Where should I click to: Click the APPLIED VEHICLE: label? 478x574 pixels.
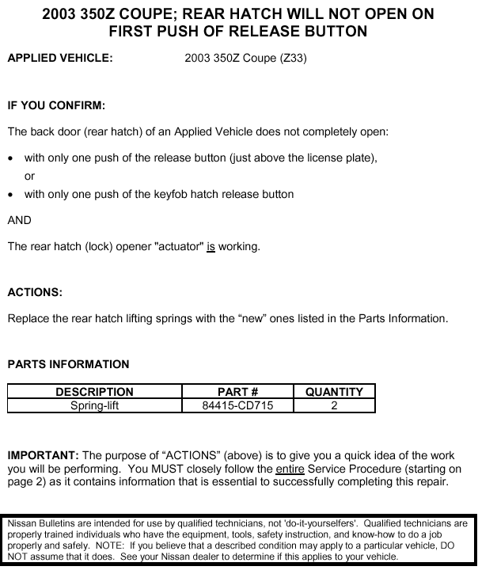(x=60, y=58)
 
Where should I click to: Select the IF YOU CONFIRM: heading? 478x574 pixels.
(x=56, y=105)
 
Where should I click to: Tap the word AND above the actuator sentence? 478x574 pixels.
(x=20, y=220)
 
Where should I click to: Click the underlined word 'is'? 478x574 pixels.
(x=211, y=246)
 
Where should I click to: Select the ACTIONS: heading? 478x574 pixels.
(x=35, y=292)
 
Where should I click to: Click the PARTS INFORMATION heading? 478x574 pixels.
(x=68, y=364)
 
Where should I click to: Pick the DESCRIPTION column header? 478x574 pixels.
(x=94, y=392)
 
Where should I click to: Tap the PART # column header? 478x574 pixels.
(x=237, y=392)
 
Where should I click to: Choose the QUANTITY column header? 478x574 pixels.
(x=334, y=392)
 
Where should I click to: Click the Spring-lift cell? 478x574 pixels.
(x=94, y=405)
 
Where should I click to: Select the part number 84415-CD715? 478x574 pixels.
(x=237, y=405)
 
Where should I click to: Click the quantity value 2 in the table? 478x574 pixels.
(x=334, y=405)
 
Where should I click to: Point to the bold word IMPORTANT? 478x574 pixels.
(x=43, y=455)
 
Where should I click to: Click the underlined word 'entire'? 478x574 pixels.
(x=290, y=469)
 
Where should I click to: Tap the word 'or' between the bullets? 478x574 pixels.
(x=30, y=176)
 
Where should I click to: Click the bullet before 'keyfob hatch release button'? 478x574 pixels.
(x=11, y=195)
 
